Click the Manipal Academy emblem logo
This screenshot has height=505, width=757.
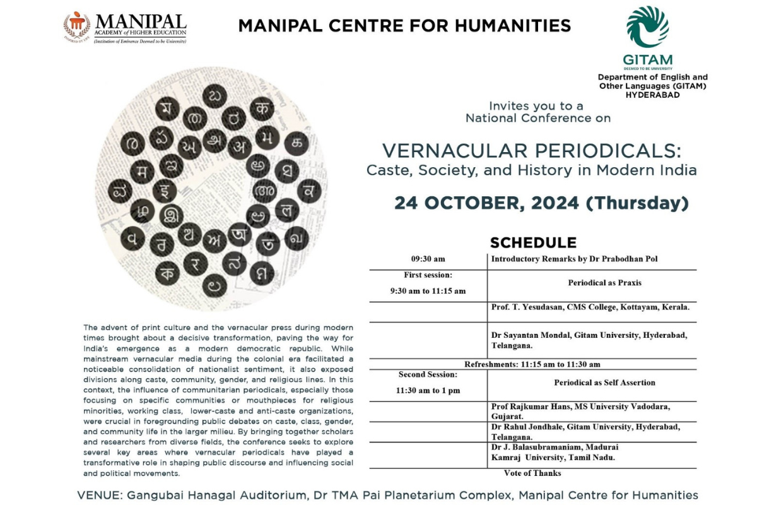tap(76, 26)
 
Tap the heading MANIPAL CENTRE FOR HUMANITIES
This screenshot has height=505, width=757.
tap(404, 26)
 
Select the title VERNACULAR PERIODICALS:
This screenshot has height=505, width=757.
tap(532, 151)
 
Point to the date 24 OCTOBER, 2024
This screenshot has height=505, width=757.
tap(486, 203)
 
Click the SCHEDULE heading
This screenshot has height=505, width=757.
tap(533, 243)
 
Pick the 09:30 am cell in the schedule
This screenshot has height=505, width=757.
tap(428, 259)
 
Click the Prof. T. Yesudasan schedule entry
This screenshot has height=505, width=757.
tap(590, 307)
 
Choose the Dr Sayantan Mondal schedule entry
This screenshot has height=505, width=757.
tap(589, 340)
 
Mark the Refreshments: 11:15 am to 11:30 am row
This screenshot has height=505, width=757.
tap(532, 364)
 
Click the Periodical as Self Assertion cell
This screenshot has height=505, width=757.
tap(604, 383)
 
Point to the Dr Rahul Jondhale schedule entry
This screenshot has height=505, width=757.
tap(585, 432)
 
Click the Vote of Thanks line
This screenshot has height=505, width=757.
tap(532, 473)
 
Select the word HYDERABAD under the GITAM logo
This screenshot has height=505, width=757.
tap(652, 94)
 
